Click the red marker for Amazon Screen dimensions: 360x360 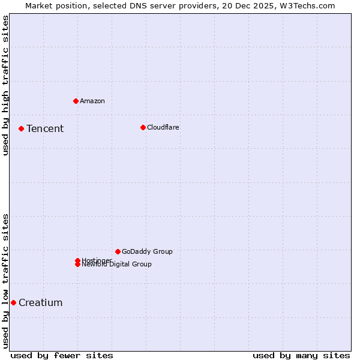[x=76, y=101]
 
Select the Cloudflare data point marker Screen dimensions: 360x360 [x=143, y=127]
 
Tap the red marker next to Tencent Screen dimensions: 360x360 [x=21, y=128]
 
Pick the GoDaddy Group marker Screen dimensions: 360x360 [x=118, y=251]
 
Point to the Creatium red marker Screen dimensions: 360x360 [x=13, y=302]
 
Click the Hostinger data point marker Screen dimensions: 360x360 [x=77, y=260]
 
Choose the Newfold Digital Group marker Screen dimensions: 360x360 [x=77, y=265]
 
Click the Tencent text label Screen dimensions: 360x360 [x=45, y=128]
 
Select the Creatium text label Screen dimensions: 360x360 [x=41, y=302]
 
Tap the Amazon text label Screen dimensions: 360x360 [x=92, y=101]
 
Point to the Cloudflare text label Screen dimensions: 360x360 [x=163, y=127]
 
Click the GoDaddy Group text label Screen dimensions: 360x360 [x=147, y=251]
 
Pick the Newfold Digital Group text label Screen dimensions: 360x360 [x=117, y=265]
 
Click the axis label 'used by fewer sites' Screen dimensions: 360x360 [x=62, y=355]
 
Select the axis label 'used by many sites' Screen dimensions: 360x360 [x=301, y=355]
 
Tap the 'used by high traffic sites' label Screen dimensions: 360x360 [x=5, y=85]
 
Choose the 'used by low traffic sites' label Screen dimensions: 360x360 [x=5, y=281]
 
